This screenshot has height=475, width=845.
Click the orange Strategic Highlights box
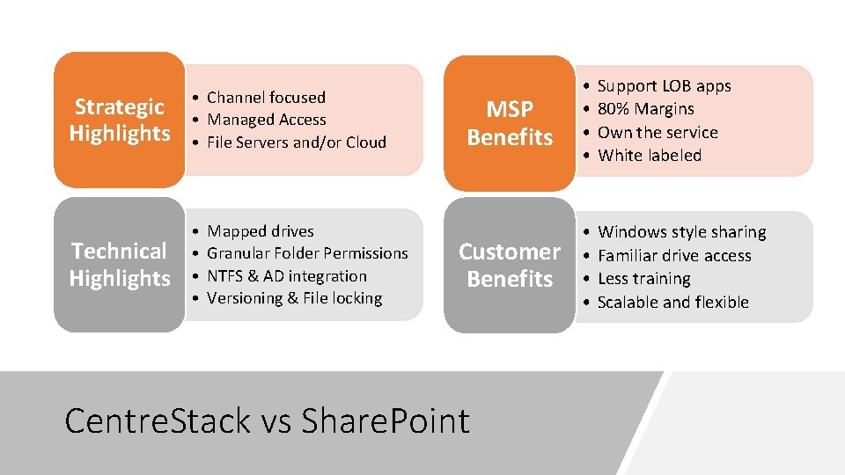119,120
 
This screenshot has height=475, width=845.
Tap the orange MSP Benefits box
510,123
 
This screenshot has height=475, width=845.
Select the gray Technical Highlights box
119,265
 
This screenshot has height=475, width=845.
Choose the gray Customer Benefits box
510,265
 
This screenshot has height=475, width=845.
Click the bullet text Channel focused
266,97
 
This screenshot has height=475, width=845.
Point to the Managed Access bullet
266,120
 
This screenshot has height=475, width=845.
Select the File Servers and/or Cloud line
297,142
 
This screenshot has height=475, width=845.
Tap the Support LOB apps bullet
665,86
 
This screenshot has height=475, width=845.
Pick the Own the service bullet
658,133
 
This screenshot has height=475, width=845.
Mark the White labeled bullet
650,156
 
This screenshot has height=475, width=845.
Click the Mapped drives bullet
261,231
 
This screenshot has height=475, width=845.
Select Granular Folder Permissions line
307,253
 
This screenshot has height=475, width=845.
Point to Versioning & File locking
294,298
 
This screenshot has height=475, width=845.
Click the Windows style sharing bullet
681,232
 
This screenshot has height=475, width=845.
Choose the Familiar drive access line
674,255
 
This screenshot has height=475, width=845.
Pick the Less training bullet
644,279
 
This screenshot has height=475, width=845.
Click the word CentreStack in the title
158,420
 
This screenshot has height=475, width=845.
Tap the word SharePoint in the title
386,420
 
